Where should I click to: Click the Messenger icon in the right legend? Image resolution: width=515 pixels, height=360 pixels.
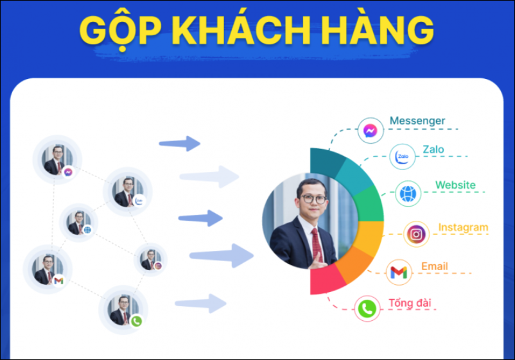pyautogui.click(x=370, y=131)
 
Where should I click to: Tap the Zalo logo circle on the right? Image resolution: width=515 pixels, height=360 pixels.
pyautogui.click(x=403, y=157)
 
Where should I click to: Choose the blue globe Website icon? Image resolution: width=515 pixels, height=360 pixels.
pyautogui.click(x=408, y=194)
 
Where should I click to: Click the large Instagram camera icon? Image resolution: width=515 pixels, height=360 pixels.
pyautogui.click(x=416, y=234)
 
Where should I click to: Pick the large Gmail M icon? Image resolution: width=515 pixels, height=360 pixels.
pyautogui.click(x=399, y=272)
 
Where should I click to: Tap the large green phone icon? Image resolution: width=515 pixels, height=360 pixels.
pyautogui.click(x=367, y=309)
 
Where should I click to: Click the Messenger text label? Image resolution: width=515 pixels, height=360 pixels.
pyautogui.click(x=417, y=121)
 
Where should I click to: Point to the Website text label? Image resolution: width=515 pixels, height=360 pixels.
pyautogui.click(x=455, y=185)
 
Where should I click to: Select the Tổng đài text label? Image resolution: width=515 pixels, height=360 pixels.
pyautogui.click(x=410, y=303)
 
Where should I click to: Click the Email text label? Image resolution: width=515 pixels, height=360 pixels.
pyautogui.click(x=435, y=266)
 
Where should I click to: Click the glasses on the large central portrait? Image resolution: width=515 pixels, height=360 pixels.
pyautogui.click(x=314, y=198)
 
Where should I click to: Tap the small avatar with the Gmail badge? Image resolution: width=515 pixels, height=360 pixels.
pyautogui.click(x=48, y=269)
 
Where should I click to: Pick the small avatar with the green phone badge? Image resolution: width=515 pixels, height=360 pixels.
pyautogui.click(x=123, y=310)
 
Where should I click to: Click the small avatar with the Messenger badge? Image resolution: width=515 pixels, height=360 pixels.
pyautogui.click(x=57, y=160)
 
